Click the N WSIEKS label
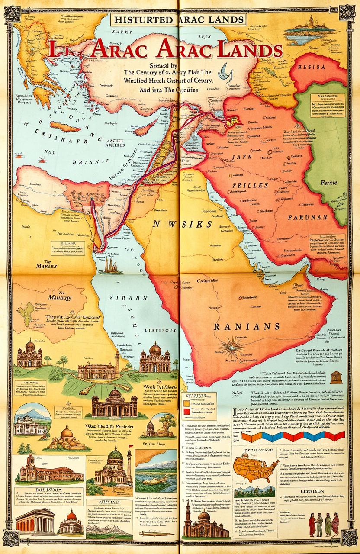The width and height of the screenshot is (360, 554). click(x=182, y=224)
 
